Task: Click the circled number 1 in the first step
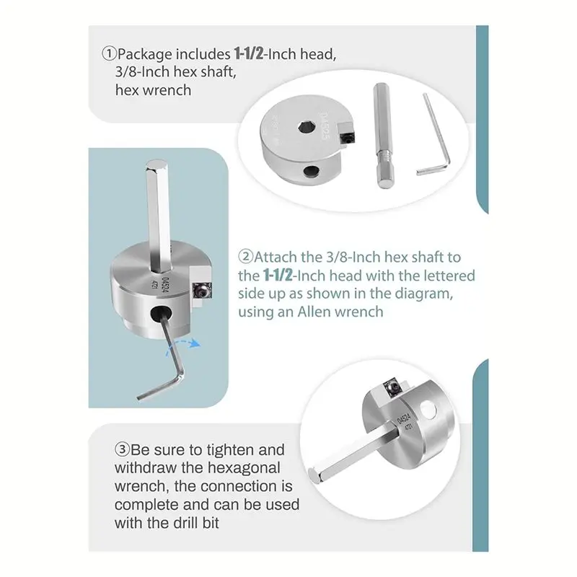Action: pos(109,54)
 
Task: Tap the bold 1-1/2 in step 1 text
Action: pos(253,54)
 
